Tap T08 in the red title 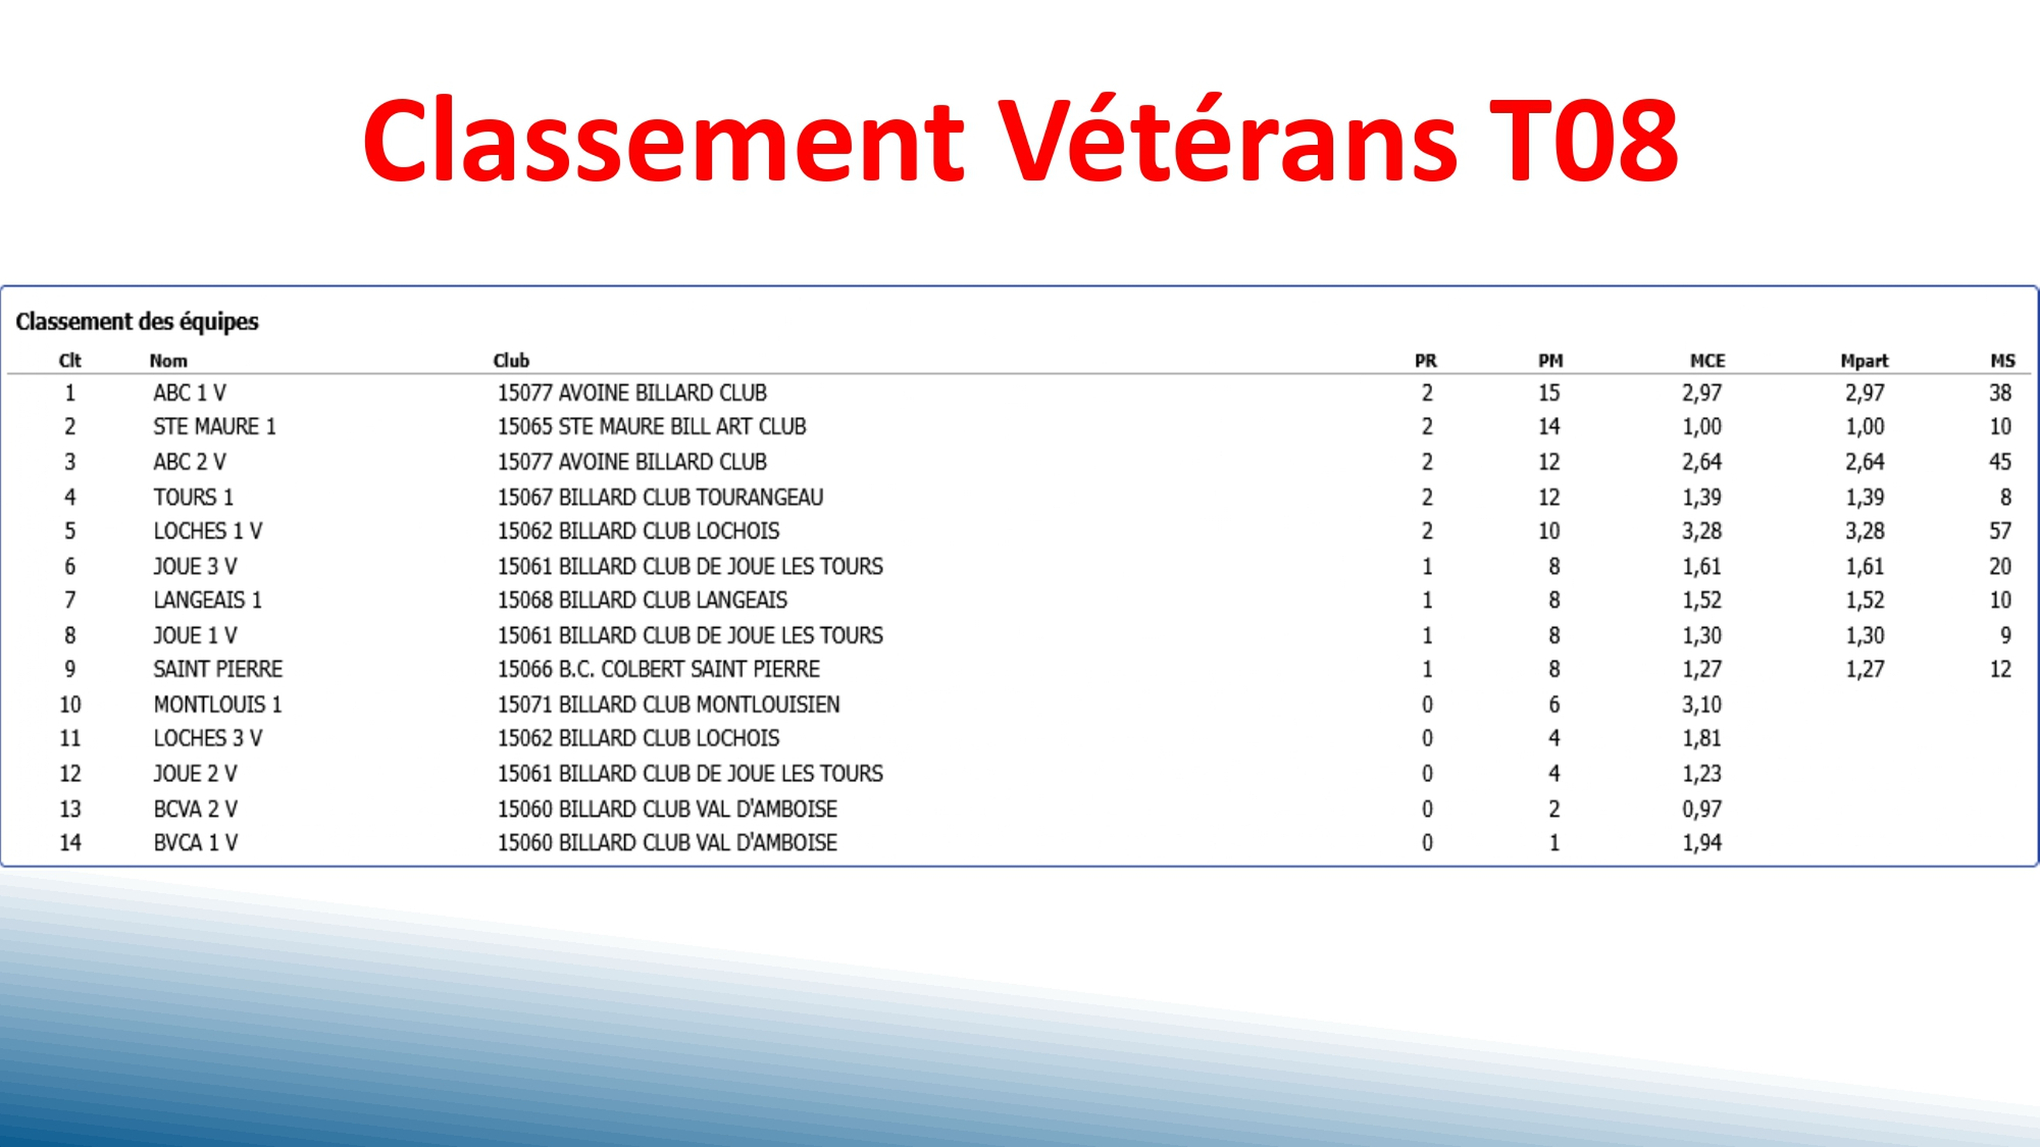(x=1583, y=141)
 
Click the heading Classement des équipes (x=137, y=322)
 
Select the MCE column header (x=1707, y=361)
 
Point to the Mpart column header (x=1863, y=361)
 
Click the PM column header (x=1550, y=361)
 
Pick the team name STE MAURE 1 (x=215, y=427)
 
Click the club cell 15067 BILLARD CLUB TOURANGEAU (x=660, y=497)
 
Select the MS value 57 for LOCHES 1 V (x=2000, y=531)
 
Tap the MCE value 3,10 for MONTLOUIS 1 (x=1702, y=704)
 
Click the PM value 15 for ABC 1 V (x=1548, y=393)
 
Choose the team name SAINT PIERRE (x=218, y=670)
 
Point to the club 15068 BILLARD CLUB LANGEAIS (x=642, y=600)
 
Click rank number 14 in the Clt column (x=71, y=842)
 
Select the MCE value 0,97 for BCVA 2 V (x=1702, y=809)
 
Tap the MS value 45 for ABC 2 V (x=2000, y=461)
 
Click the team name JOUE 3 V (x=195, y=567)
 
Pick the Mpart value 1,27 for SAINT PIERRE (x=1865, y=670)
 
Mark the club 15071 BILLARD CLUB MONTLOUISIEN (x=668, y=704)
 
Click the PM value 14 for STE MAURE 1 (x=1548, y=427)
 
